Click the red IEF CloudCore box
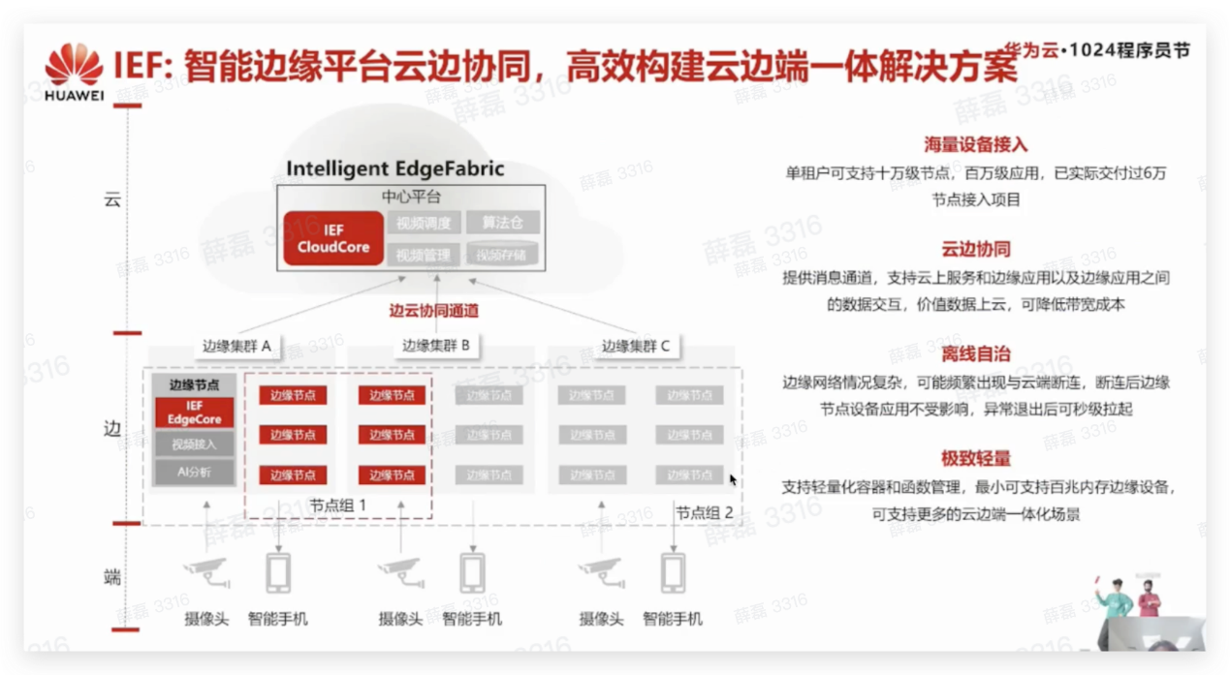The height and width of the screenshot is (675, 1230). (333, 238)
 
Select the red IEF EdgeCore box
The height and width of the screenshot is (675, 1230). (194, 413)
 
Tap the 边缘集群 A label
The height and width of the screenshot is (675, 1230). (237, 346)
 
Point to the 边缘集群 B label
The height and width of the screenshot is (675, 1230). (435, 346)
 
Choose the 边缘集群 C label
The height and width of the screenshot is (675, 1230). (635, 346)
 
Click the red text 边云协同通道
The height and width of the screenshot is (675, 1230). (434, 312)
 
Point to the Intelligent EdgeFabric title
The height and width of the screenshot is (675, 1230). (395, 169)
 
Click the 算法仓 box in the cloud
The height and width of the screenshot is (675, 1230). (502, 223)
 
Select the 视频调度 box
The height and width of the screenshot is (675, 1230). (425, 223)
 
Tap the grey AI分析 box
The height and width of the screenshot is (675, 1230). (194, 473)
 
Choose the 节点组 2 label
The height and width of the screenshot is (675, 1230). (705, 513)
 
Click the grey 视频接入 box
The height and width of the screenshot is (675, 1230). (194, 445)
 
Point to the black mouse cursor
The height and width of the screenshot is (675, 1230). (733, 478)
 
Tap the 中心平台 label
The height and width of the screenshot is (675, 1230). (411, 197)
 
